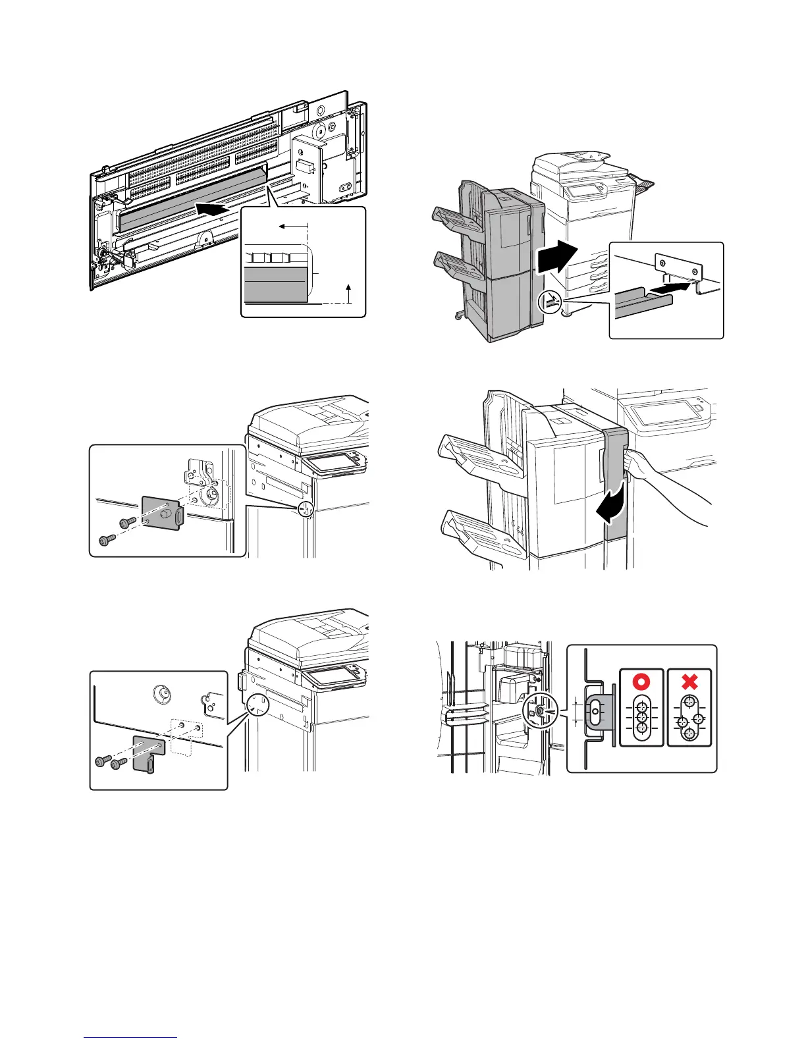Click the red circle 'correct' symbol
tap(641, 681)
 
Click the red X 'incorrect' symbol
tap(689, 681)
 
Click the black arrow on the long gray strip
tap(214, 209)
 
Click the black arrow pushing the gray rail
tap(674, 288)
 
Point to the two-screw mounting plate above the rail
tap(678, 267)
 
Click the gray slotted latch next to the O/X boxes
tap(597, 712)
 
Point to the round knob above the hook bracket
tap(160, 693)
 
